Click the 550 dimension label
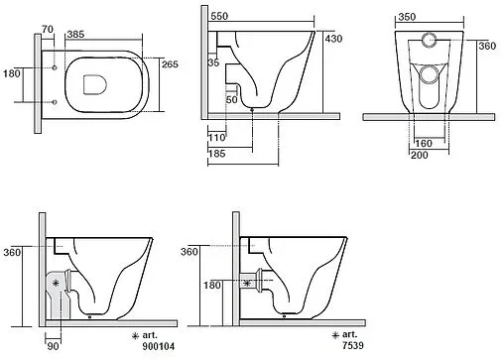coord(219,16)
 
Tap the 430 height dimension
coord(333,39)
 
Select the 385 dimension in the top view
coord(75,34)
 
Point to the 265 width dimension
coord(170,64)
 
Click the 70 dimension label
coord(48,29)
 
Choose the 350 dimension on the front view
coord(407,17)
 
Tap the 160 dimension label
coord(424,144)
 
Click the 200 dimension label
coord(420,155)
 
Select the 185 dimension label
coord(217,154)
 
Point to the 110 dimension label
coord(217,137)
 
